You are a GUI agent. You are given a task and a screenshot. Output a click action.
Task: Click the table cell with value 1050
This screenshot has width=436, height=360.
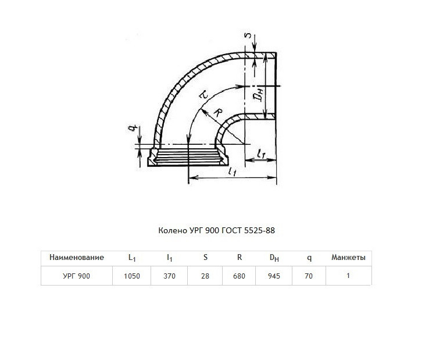[132, 276]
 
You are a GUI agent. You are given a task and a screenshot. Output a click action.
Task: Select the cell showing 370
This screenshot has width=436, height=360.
[169, 276]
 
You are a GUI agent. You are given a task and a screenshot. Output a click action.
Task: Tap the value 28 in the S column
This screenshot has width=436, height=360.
[205, 276]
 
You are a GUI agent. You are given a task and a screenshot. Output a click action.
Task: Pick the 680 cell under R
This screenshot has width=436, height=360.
[239, 276]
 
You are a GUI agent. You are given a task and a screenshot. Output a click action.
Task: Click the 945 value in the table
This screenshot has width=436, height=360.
[274, 276]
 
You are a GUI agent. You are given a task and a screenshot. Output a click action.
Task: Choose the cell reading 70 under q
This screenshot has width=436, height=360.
[309, 276]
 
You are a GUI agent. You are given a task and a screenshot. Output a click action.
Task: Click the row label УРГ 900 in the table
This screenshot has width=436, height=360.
[77, 276]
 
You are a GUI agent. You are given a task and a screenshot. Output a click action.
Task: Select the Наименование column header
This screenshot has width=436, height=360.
[77, 257]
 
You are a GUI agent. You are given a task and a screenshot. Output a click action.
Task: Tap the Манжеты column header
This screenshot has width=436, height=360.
[348, 257]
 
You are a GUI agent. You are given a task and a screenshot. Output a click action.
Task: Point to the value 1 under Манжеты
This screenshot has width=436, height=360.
[348, 276]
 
